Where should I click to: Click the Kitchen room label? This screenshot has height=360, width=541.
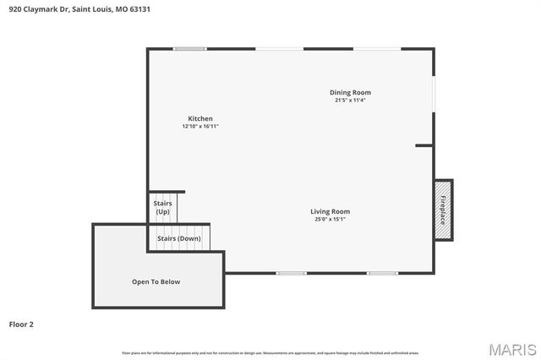click(200, 118)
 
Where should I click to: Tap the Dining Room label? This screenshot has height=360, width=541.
click(350, 92)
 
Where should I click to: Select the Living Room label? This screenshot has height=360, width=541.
click(330, 211)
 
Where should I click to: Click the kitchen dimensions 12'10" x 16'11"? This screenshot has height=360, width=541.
click(200, 127)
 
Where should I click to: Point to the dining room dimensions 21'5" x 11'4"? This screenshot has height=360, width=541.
click(350, 100)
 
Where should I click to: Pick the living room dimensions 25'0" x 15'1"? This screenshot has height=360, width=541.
click(330, 220)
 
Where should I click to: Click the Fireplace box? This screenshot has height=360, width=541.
click(443, 209)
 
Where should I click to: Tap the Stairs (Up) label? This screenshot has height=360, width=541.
click(162, 207)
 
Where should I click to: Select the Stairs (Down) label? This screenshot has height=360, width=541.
click(178, 238)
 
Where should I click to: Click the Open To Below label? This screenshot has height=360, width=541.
click(156, 281)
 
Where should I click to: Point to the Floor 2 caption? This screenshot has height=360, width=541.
click(21, 324)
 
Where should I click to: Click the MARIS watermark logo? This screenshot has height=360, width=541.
click(511, 349)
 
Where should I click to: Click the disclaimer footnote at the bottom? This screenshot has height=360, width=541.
click(270, 352)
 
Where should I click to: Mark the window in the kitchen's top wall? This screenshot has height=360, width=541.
click(189, 49)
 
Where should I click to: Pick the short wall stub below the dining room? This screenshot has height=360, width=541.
click(424, 145)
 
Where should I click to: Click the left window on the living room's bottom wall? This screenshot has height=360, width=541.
click(291, 273)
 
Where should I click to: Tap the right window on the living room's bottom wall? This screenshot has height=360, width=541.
click(382, 273)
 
